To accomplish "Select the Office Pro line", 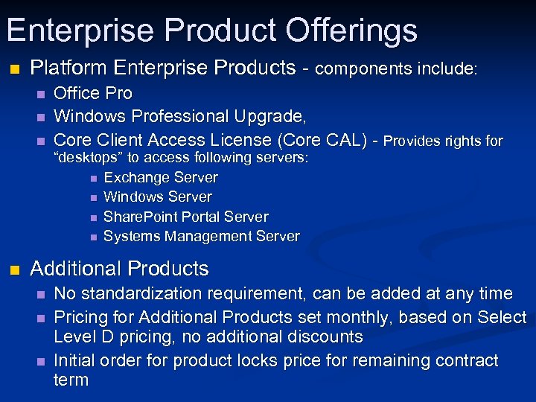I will (x=93, y=93).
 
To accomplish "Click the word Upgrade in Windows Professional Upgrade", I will (x=272, y=116).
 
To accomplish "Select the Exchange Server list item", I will (x=161, y=178).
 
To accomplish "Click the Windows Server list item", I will (x=158, y=197).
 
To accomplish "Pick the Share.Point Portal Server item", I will (x=186, y=217).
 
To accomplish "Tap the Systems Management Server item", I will (x=202, y=237).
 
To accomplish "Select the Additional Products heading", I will (x=119, y=269).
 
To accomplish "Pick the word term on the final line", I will (x=71, y=380).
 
